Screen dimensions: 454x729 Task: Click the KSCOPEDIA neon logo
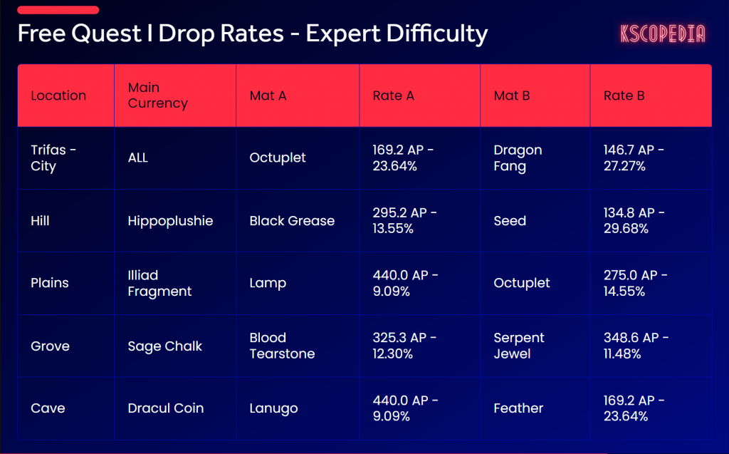(662, 33)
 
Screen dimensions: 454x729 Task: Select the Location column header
(58, 96)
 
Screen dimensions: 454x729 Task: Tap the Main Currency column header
(157, 96)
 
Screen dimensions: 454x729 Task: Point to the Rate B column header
(624, 96)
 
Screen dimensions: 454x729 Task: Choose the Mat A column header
(268, 96)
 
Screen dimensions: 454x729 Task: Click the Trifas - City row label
(53, 158)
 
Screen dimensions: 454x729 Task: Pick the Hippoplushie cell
(170, 221)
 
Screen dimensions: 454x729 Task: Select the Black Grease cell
(292, 221)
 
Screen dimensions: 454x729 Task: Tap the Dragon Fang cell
(518, 158)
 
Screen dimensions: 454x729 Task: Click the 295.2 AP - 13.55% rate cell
(404, 221)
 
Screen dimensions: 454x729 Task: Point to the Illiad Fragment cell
(159, 283)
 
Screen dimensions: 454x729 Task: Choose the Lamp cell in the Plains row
(268, 283)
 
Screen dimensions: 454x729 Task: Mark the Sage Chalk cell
(164, 346)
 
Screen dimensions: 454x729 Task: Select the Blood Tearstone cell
(282, 346)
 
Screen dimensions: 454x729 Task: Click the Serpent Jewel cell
(518, 346)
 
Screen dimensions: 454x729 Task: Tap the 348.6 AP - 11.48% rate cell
(636, 346)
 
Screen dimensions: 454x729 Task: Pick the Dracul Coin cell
(165, 408)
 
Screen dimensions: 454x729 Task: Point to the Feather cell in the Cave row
(518, 408)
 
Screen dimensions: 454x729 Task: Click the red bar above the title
(58, 10)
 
